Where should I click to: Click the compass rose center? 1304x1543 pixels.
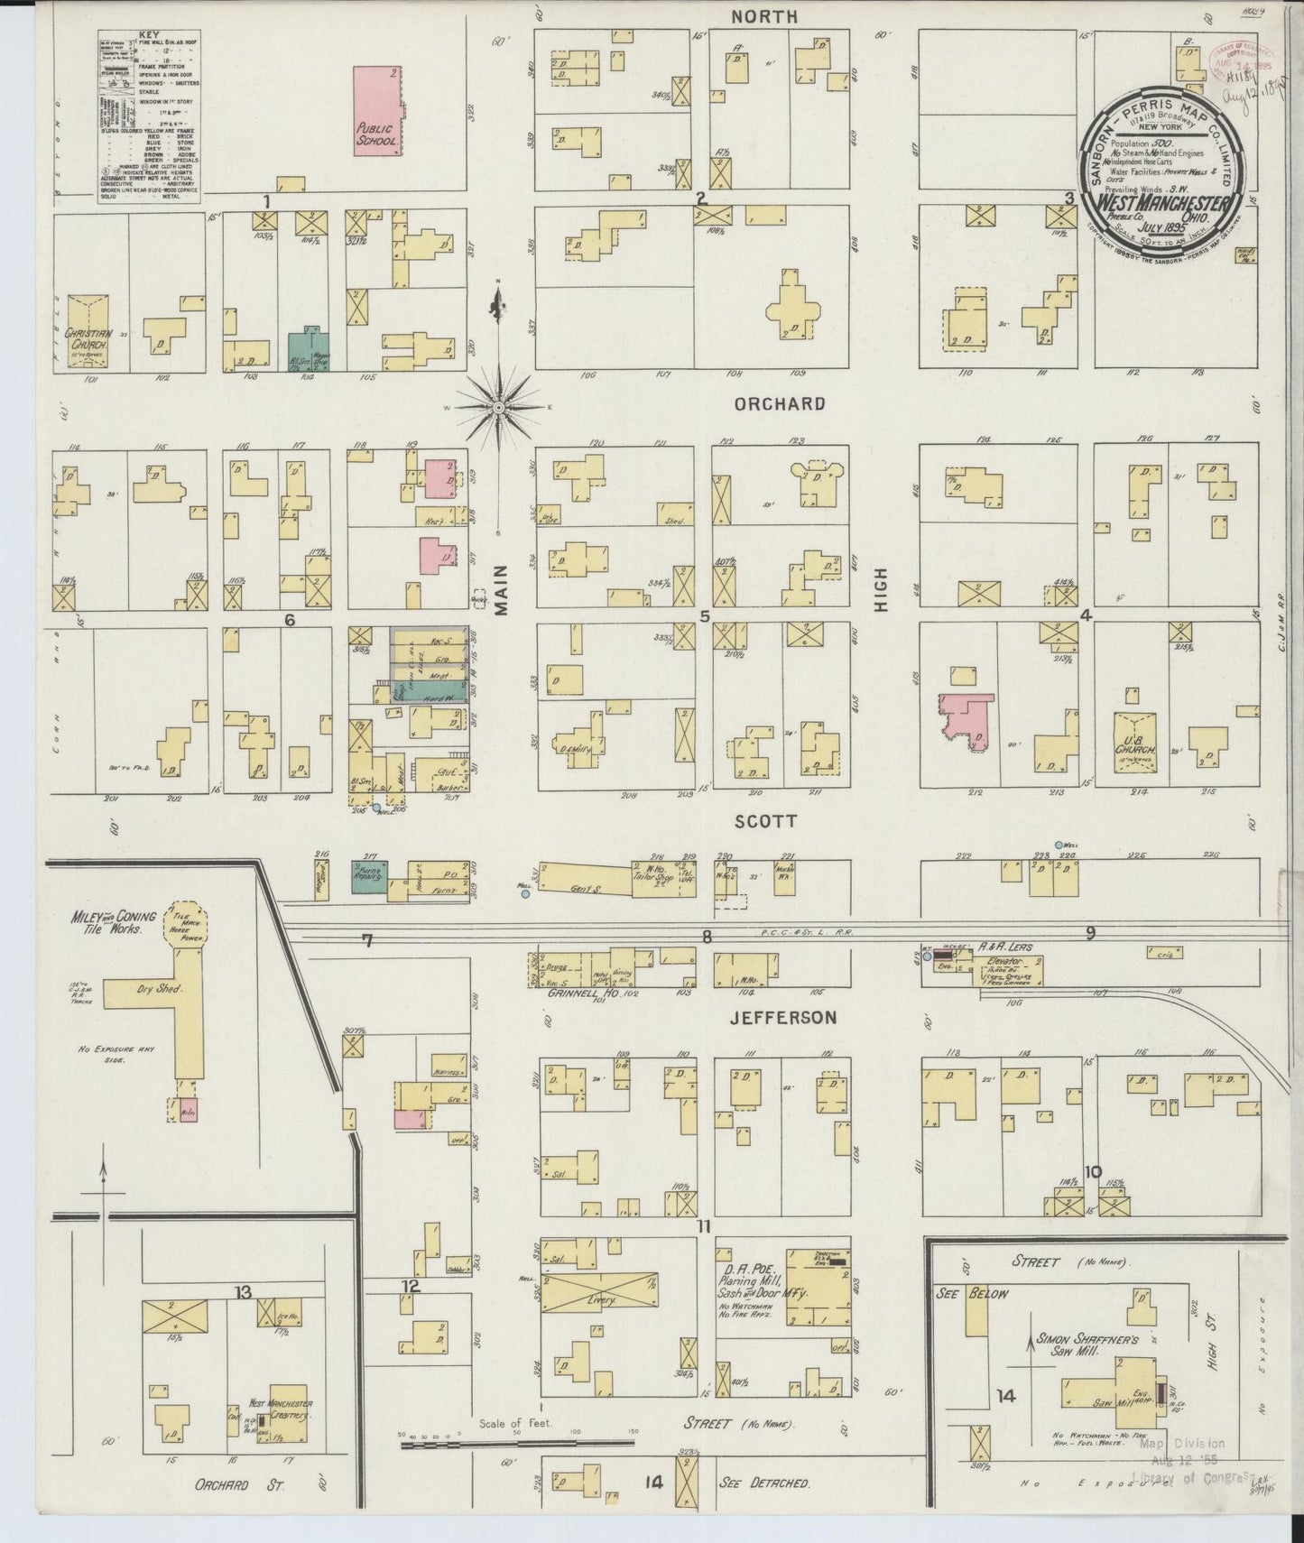(497, 408)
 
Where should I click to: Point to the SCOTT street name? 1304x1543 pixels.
(765, 821)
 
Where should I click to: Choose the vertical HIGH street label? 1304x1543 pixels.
(881, 589)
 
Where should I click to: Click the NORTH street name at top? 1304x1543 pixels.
(764, 16)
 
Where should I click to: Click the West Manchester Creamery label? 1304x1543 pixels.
(281, 1409)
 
